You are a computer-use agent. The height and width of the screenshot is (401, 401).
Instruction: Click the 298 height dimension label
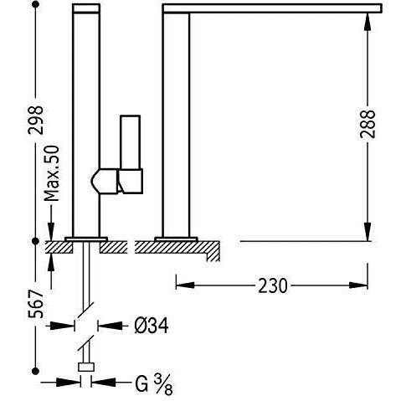click(x=35, y=120)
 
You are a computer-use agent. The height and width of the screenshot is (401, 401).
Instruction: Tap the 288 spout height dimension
click(x=367, y=124)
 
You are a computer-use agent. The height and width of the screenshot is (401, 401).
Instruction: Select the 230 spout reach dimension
click(x=272, y=285)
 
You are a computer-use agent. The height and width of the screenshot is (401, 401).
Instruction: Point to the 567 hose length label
click(x=36, y=304)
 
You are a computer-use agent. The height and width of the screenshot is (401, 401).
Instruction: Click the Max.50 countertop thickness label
click(x=52, y=173)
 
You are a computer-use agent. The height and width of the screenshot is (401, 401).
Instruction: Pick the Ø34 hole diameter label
click(x=152, y=326)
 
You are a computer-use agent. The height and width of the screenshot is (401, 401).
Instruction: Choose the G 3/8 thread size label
click(x=154, y=384)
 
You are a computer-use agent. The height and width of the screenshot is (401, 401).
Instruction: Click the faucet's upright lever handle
click(x=130, y=142)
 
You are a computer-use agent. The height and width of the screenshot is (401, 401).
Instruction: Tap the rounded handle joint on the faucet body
click(x=105, y=181)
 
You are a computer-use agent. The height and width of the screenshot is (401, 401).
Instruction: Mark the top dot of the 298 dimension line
click(x=35, y=4)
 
